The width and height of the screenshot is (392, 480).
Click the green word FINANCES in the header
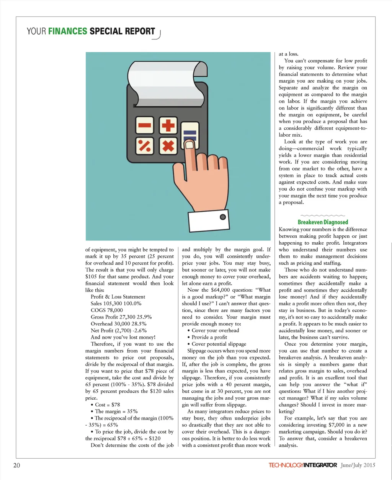point(68,31)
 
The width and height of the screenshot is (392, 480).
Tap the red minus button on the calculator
point(144,126)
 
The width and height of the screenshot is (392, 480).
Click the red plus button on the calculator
point(168,126)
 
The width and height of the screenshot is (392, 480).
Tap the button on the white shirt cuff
point(222,217)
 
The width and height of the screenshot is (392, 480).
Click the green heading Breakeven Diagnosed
point(323,222)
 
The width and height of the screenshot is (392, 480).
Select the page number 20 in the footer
point(16,465)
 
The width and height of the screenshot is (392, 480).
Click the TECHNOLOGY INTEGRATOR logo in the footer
point(303,465)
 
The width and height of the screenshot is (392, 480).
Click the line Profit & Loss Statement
point(118,297)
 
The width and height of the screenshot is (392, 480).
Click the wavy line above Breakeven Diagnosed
point(323,216)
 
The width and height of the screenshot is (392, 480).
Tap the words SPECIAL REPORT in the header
point(122,31)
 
